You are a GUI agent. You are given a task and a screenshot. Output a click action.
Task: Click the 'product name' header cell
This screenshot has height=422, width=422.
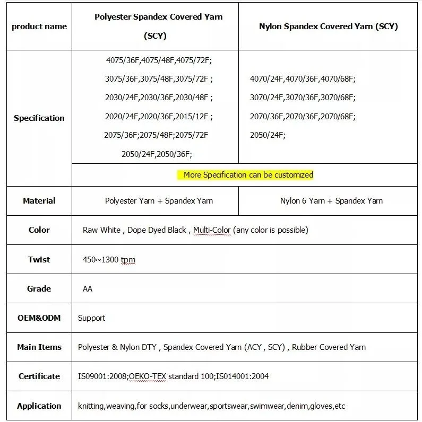tap(39, 27)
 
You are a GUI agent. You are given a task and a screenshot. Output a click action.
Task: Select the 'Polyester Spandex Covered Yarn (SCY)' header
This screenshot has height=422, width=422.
tap(158, 26)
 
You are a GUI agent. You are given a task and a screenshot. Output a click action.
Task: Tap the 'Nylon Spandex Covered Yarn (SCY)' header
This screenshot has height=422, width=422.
tap(329, 26)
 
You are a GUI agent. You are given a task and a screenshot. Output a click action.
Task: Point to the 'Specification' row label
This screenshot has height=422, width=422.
tap(39, 118)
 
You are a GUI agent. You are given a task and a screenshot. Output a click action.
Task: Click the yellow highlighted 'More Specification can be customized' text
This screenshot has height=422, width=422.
tap(248, 175)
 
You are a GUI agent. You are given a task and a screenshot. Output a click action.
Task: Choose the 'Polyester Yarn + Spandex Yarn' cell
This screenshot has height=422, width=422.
tap(159, 201)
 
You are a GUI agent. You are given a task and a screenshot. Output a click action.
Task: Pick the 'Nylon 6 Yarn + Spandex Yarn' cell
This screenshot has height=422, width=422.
tap(331, 201)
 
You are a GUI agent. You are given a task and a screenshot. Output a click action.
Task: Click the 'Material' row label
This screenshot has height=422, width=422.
tap(39, 201)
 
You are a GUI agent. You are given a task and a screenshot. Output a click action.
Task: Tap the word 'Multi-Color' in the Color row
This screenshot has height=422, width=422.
tap(212, 230)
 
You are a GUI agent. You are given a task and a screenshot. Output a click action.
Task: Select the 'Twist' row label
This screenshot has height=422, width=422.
tap(39, 260)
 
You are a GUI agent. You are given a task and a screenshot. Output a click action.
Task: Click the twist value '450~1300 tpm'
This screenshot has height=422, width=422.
tap(109, 260)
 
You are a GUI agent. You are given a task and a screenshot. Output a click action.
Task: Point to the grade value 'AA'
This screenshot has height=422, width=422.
tap(88, 289)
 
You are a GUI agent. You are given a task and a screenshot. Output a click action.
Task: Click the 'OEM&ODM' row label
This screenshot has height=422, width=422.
tap(39, 318)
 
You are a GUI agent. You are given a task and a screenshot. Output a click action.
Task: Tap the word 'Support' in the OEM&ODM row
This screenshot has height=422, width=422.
tap(91, 318)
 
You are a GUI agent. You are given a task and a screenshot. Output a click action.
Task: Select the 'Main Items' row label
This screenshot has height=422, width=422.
tap(39, 347)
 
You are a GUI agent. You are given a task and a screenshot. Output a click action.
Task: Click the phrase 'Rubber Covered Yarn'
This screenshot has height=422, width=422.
tap(329, 347)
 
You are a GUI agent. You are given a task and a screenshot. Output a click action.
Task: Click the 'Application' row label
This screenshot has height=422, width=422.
tap(39, 406)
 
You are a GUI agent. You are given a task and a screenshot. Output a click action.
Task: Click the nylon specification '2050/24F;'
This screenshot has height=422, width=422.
tap(268, 135)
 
